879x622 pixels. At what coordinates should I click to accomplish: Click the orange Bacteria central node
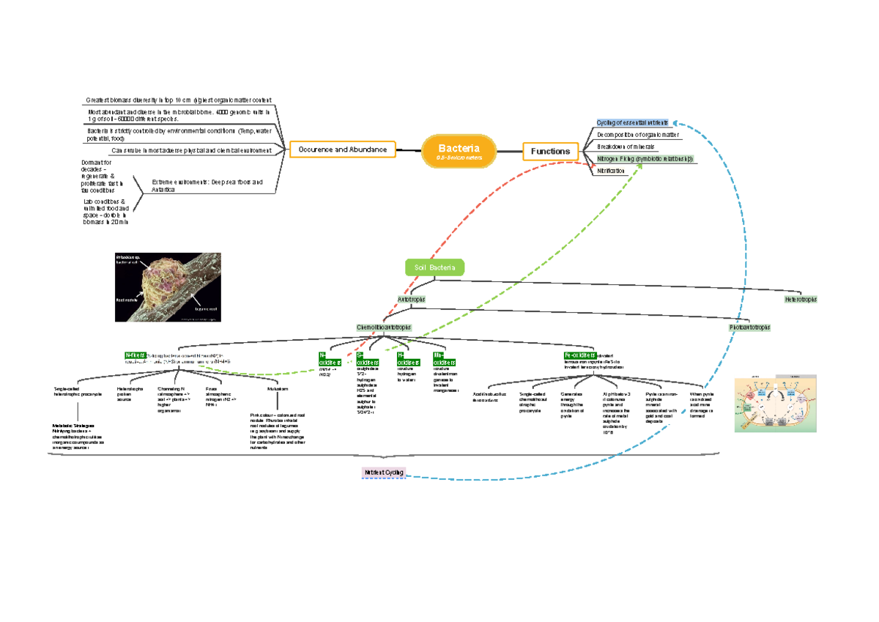point(459,151)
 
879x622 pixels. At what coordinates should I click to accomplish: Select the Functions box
point(550,151)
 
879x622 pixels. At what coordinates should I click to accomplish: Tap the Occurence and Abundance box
point(342,149)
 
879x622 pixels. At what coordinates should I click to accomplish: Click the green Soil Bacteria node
point(434,268)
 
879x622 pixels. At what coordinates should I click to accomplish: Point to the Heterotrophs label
point(801,300)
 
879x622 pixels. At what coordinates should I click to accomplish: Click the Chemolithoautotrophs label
point(383,327)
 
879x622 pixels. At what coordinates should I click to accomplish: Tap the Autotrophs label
point(411,300)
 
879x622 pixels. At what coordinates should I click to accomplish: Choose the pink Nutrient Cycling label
point(384,473)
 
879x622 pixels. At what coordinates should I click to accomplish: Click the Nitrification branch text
point(611,171)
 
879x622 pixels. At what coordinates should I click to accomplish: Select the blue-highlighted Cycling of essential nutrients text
point(632,123)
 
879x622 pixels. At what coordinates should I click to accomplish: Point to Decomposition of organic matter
point(638,135)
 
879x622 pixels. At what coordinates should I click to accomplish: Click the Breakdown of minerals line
point(626,147)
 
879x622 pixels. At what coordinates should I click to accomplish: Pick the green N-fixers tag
point(136,355)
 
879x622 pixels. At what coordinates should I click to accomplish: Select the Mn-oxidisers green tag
point(444,359)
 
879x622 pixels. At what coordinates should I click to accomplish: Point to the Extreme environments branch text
point(207,185)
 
